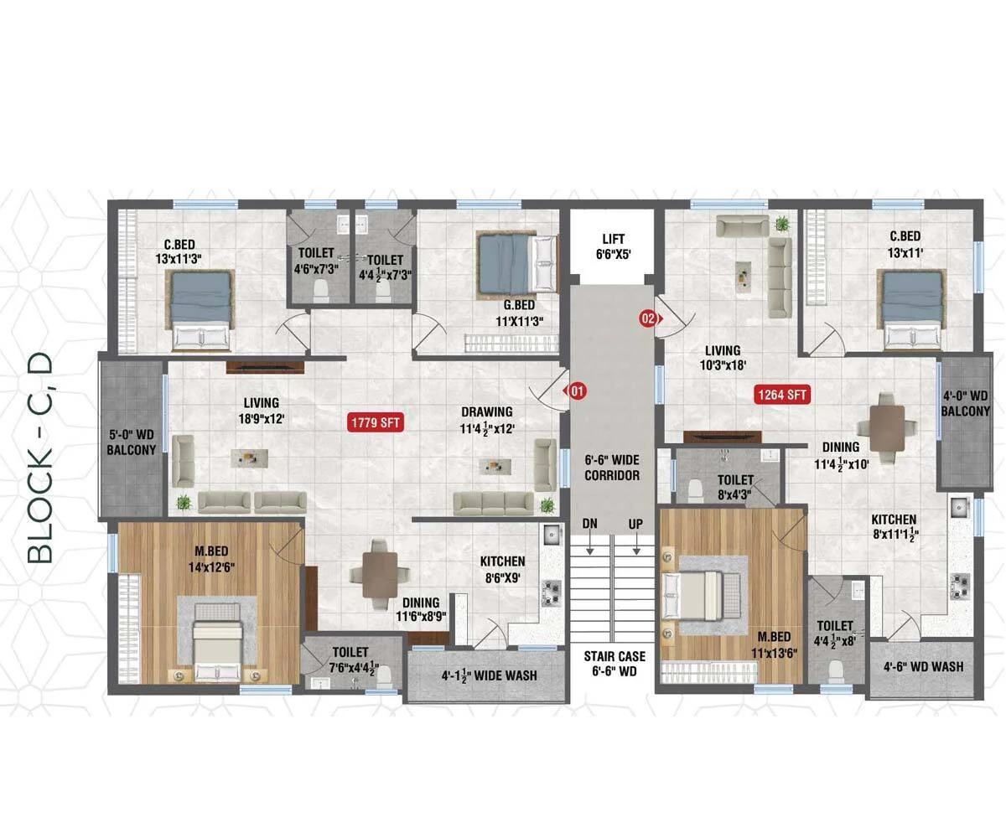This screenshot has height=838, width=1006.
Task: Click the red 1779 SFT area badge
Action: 376,422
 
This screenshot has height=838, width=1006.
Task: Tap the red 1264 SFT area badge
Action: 781,395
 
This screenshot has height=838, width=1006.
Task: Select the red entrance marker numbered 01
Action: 576,391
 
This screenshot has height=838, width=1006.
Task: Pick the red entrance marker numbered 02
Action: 651,318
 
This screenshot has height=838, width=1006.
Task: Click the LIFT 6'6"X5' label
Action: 614,246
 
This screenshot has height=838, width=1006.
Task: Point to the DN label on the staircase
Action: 589,524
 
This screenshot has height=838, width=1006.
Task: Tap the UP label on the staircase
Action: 635,524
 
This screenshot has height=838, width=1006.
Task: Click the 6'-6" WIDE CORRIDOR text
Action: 612,468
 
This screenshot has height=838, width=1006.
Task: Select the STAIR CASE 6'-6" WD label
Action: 614,663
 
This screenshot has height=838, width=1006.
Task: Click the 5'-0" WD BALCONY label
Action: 131,442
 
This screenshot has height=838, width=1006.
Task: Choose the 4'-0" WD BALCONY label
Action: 965,403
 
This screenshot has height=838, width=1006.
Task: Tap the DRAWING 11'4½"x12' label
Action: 487,420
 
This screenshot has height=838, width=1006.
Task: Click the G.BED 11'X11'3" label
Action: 520,313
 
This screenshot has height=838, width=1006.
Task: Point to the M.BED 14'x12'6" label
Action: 211,559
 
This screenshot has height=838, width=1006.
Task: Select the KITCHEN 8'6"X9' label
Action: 502,569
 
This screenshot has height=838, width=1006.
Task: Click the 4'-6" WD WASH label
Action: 923,666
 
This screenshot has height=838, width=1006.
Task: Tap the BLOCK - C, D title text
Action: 39,458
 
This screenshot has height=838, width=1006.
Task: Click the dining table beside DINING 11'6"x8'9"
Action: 380,575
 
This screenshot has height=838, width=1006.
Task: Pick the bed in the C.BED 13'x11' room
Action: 912,309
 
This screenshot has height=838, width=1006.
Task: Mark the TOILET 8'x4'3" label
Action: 734,486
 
